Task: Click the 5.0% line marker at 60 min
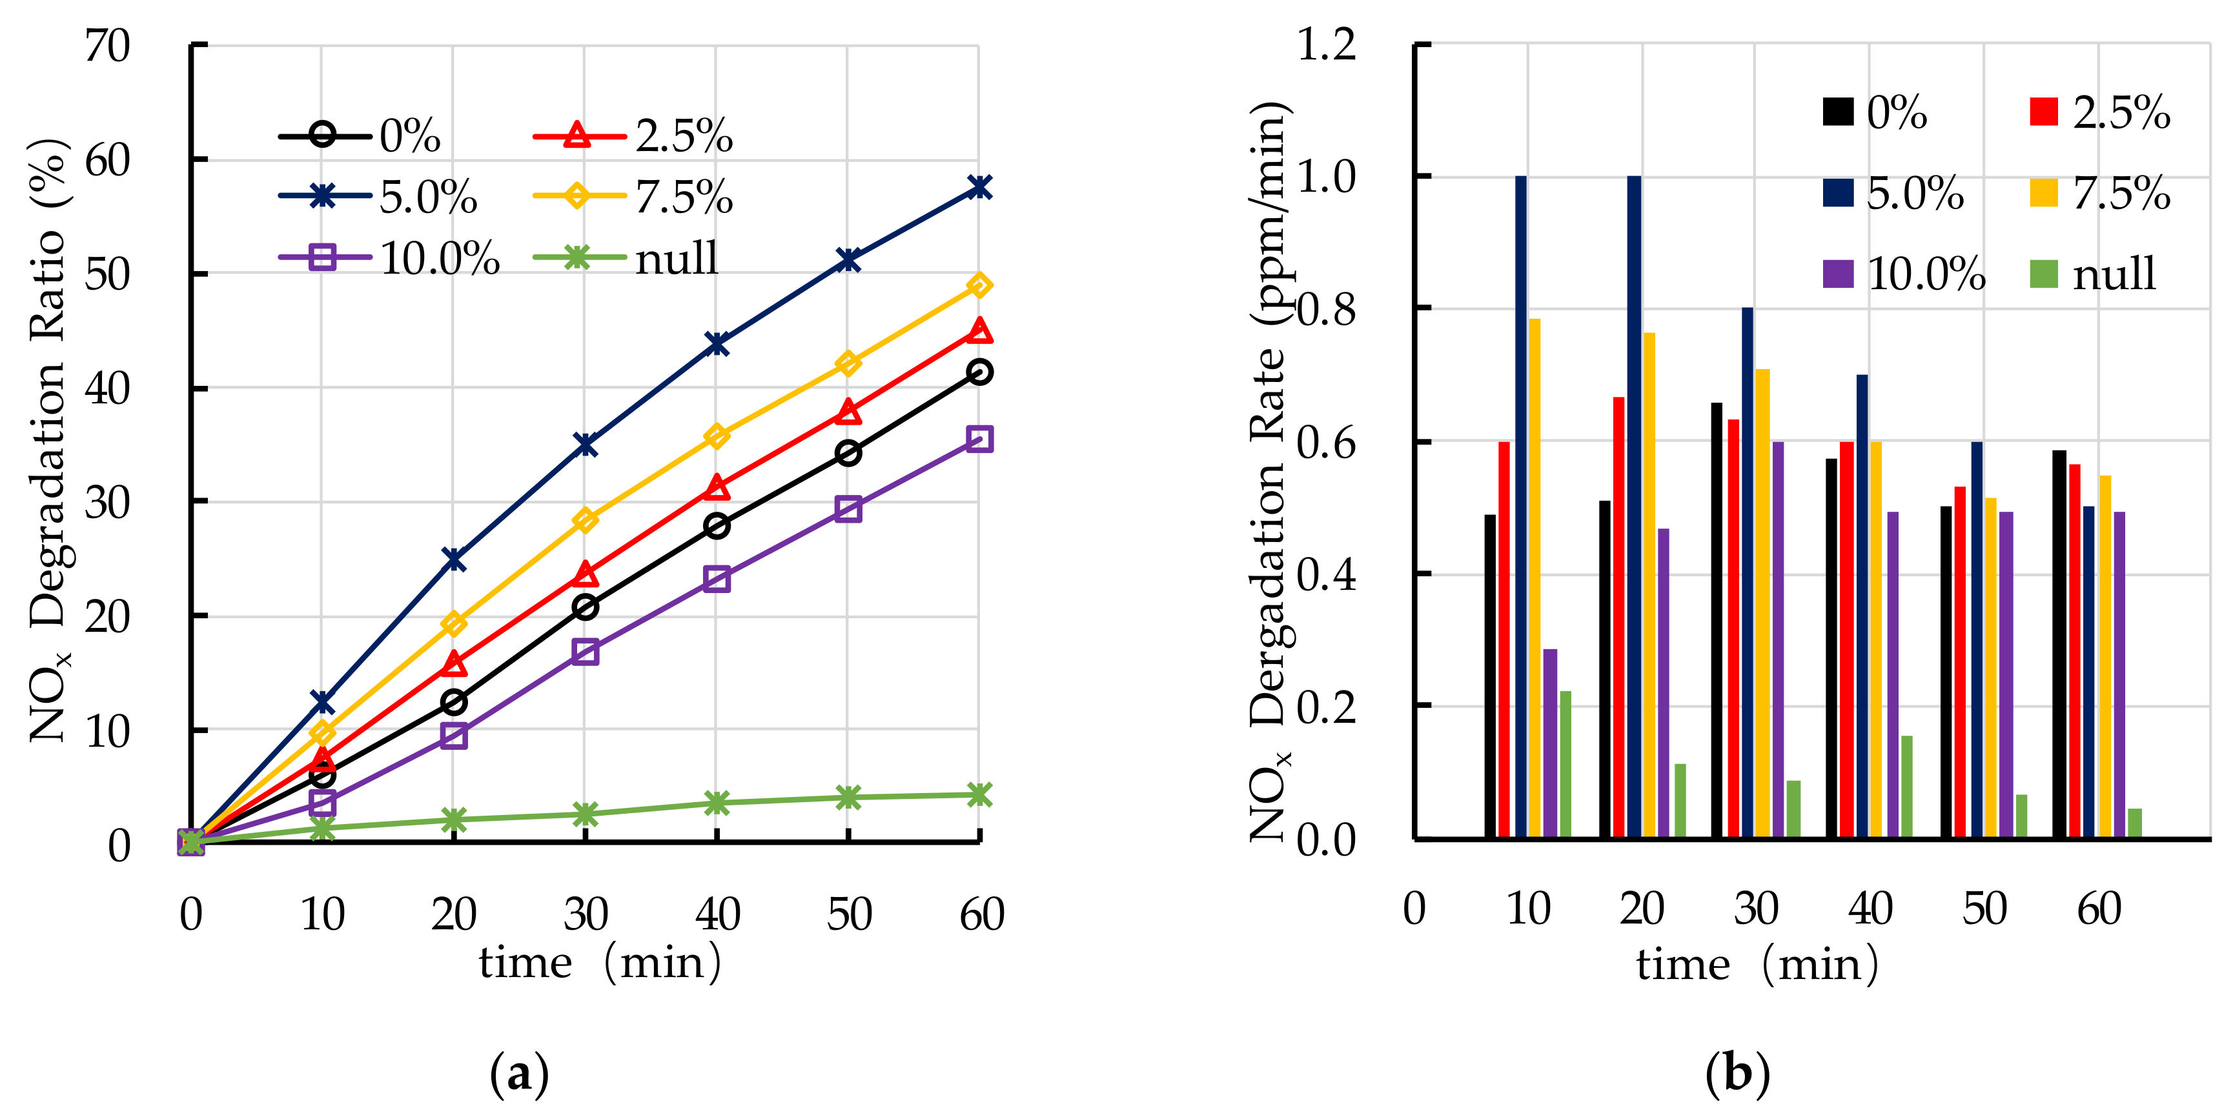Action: (x=979, y=187)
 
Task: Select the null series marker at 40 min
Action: (x=716, y=803)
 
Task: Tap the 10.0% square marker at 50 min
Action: (x=848, y=509)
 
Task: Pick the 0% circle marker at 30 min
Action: (x=585, y=607)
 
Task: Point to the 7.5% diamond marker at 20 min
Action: (x=453, y=623)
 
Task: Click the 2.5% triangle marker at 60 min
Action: (x=979, y=331)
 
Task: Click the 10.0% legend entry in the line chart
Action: (x=390, y=257)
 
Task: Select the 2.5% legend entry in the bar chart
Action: (x=2099, y=113)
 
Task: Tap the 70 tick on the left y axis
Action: (x=108, y=45)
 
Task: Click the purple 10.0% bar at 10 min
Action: (x=1550, y=743)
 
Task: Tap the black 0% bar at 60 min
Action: (x=2059, y=643)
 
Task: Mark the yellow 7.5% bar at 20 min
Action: (x=1649, y=584)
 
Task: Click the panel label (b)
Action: (x=1737, y=1074)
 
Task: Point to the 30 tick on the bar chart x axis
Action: (x=1755, y=909)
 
